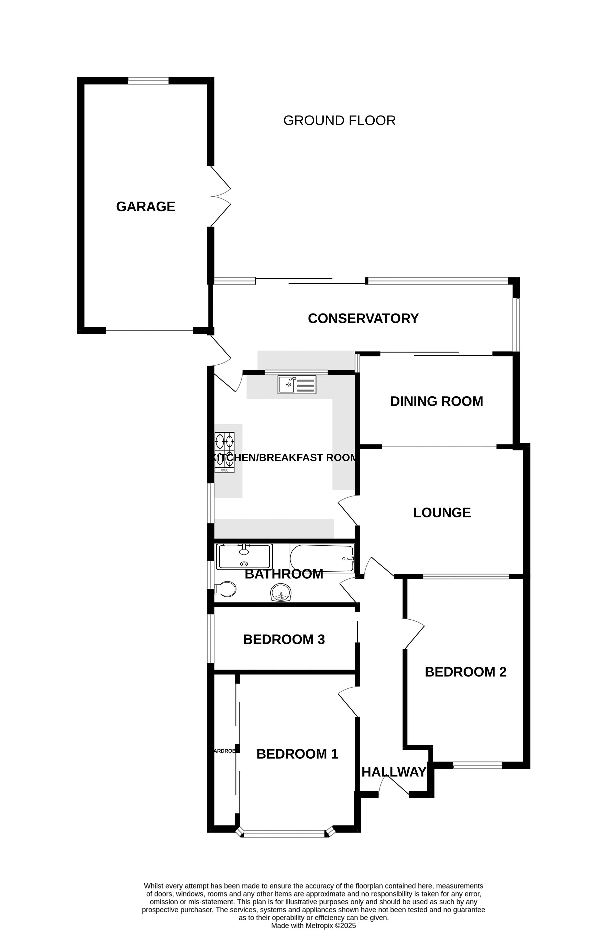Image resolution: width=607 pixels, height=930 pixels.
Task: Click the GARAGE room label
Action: click(145, 206)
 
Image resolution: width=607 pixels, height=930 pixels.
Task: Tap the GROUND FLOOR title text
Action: click(339, 120)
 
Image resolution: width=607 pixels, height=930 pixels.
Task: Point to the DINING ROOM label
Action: click(436, 401)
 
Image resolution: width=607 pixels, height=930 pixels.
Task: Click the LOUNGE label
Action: click(442, 512)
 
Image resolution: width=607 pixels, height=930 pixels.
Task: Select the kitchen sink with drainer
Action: click(297, 385)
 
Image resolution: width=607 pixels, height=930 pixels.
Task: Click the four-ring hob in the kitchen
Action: click(225, 452)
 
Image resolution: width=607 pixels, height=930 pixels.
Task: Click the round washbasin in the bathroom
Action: click(280, 592)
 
